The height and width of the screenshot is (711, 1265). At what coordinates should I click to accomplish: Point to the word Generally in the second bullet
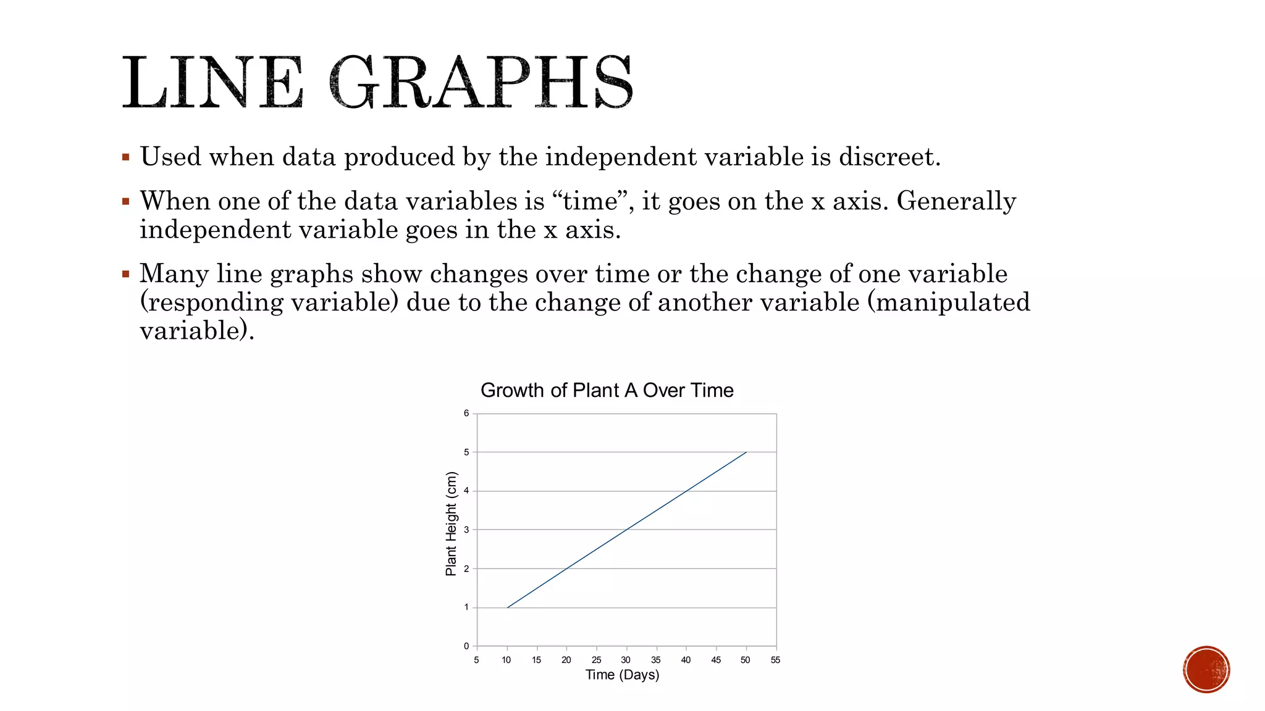click(x=956, y=201)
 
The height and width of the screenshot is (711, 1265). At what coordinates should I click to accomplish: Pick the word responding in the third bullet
click(x=212, y=302)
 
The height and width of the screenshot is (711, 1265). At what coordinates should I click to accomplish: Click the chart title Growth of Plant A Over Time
click(x=607, y=390)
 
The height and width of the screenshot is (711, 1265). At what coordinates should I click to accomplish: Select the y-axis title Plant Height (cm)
click(x=452, y=523)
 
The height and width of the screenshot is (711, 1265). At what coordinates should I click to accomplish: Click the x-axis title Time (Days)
click(x=622, y=675)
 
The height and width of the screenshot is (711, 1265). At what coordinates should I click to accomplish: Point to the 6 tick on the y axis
click(x=466, y=414)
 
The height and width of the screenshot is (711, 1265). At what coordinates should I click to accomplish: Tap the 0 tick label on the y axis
click(x=466, y=646)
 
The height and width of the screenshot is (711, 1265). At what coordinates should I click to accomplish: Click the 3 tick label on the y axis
click(x=466, y=530)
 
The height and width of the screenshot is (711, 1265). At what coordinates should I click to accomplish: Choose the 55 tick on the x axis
click(x=775, y=660)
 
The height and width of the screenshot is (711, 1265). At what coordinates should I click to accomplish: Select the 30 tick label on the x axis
click(x=626, y=660)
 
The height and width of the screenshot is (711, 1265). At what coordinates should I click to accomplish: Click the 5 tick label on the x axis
click(x=476, y=660)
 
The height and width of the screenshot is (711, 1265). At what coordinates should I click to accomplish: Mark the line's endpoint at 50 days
click(x=746, y=452)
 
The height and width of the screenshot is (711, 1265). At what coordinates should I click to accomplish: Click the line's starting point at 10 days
click(x=507, y=607)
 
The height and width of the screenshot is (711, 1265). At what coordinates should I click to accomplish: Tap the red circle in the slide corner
click(x=1206, y=670)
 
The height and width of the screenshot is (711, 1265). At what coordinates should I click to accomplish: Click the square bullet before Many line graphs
click(x=126, y=273)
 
